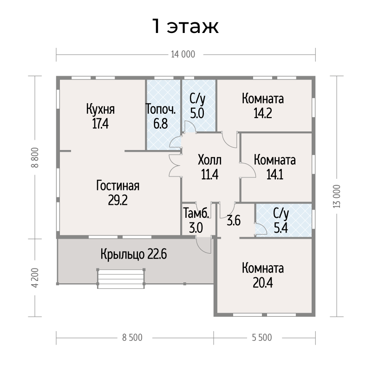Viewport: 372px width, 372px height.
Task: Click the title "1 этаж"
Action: pyautogui.click(x=185, y=26)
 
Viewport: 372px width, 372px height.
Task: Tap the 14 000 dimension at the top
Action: pyautogui.click(x=183, y=54)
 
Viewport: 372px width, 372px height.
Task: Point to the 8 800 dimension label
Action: pyautogui.click(x=35, y=157)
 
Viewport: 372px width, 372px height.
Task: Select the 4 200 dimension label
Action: pyautogui.click(x=35, y=278)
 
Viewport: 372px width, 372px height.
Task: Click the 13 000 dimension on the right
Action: pyautogui.click(x=337, y=196)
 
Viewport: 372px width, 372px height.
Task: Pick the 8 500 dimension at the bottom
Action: pyautogui.click(x=132, y=338)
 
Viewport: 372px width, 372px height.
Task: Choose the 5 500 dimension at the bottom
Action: pyautogui.click(x=262, y=338)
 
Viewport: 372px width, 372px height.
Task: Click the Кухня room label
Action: pyautogui.click(x=100, y=109)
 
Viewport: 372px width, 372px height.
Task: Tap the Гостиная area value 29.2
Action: pyautogui.click(x=117, y=201)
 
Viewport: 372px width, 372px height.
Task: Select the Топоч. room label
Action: pyautogui.click(x=161, y=109)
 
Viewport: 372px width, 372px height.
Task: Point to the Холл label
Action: pyautogui.click(x=210, y=160)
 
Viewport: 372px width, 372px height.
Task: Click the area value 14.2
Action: pyautogui.click(x=263, y=113)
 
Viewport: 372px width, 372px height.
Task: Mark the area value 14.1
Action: pyautogui.click(x=275, y=175)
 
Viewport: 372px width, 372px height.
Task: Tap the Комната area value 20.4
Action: pyautogui.click(x=263, y=283)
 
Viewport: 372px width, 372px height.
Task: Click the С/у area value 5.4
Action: pyautogui.click(x=281, y=228)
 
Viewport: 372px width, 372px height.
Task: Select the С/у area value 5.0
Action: pyautogui.click(x=197, y=113)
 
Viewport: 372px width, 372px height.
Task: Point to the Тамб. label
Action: pyautogui.click(x=196, y=214)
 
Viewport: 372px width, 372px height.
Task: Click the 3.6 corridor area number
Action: pyautogui.click(x=234, y=221)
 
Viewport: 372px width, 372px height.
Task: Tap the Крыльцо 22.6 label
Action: pyautogui.click(x=134, y=255)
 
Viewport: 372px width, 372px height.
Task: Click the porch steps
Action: pyautogui.click(x=121, y=279)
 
